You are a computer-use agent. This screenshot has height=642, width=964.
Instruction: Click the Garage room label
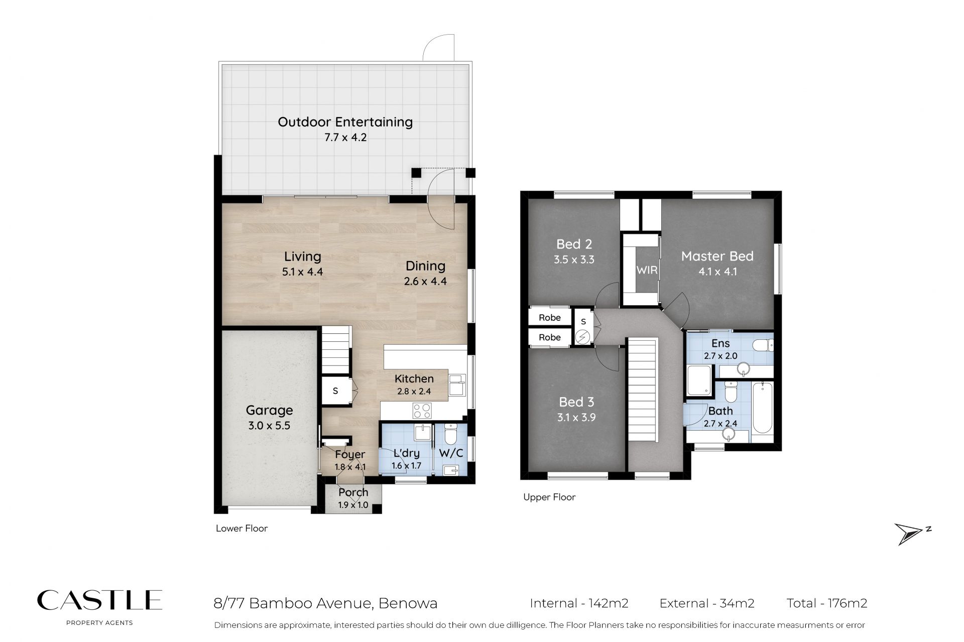click(269, 410)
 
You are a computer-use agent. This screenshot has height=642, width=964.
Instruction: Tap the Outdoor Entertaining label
click(345, 122)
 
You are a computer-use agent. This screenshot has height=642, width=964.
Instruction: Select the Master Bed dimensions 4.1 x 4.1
click(717, 272)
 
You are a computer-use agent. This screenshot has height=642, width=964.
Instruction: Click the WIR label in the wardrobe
click(647, 270)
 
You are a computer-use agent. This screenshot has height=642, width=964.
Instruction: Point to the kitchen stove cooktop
click(422, 411)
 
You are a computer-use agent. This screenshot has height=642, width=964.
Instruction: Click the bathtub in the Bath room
click(762, 408)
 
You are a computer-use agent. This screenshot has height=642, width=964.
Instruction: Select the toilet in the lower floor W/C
click(450, 434)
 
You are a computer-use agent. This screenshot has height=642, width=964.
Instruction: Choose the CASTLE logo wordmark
click(99, 600)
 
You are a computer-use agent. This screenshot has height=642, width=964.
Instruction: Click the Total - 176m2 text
click(827, 603)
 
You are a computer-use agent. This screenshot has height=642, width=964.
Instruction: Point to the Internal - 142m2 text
click(579, 603)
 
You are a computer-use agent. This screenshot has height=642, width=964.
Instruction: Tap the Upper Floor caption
click(549, 497)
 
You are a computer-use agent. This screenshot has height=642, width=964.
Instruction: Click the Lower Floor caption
click(242, 528)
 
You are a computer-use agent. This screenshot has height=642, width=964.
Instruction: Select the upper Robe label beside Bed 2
click(550, 318)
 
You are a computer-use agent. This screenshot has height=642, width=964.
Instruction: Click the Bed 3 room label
click(576, 402)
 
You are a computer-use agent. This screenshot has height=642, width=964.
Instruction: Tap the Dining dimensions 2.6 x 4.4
click(425, 282)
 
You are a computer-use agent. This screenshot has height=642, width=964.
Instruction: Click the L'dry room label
click(407, 453)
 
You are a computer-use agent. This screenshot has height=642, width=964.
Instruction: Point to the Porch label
click(353, 492)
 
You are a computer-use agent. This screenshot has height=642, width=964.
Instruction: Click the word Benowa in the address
click(408, 603)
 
